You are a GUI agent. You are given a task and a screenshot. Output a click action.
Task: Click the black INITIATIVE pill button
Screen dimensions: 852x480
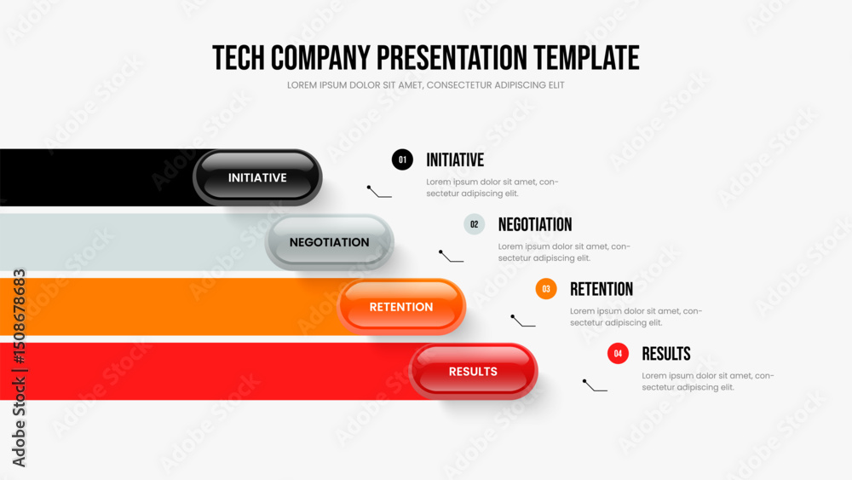[257, 177]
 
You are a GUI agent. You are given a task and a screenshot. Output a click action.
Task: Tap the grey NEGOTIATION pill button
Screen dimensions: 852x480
[329, 242]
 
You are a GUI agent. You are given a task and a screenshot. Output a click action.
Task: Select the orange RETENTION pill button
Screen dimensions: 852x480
[401, 307]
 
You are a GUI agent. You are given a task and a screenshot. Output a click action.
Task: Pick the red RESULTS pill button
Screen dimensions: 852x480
[473, 371]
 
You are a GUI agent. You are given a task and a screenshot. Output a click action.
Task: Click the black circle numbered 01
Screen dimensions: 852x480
[402, 159]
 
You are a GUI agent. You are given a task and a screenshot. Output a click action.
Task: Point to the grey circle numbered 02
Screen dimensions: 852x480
[475, 224]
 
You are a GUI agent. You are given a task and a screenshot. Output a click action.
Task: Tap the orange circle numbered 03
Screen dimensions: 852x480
[546, 289]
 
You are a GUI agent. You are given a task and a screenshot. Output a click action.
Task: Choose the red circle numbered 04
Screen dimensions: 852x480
[618, 353]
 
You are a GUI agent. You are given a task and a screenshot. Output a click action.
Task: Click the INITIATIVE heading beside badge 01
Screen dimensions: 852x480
[455, 159]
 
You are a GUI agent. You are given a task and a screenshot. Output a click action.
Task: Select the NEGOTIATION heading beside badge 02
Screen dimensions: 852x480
[535, 224]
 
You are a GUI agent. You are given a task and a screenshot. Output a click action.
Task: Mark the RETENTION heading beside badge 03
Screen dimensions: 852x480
[602, 289]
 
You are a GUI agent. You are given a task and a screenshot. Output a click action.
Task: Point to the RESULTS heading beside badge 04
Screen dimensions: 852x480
[666, 354]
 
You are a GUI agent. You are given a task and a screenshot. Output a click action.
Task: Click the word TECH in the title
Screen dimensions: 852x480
[239, 58]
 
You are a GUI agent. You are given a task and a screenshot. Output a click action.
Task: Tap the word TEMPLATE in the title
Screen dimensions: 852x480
[586, 58]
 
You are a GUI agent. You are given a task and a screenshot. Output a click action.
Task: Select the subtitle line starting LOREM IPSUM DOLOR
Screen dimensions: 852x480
[425, 85]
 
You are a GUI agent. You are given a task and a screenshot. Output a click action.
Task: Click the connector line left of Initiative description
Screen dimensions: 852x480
[379, 191]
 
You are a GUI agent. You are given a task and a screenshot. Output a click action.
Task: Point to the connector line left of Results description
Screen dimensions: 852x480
[595, 385]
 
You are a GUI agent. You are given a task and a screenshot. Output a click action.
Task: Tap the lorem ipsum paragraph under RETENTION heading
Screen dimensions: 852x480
[636, 317]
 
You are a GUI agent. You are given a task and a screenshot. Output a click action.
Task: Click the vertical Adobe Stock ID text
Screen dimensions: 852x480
[19, 368]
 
